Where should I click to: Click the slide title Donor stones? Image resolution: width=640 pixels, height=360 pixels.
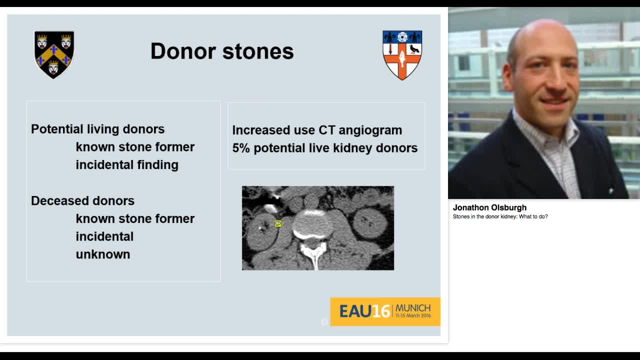pyautogui.click(x=222, y=51)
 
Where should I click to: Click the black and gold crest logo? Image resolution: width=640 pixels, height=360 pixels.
pyautogui.click(x=54, y=54)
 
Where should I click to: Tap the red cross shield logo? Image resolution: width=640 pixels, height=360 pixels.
pyautogui.click(x=402, y=55)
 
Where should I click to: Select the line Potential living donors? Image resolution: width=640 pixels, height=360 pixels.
pyautogui.click(x=97, y=129)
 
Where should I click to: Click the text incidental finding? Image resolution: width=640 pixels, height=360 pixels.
pyautogui.click(x=127, y=165)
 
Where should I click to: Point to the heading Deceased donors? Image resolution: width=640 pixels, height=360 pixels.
pyautogui.click(x=82, y=201)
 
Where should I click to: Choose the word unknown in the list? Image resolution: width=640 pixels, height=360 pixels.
pyautogui.click(x=103, y=254)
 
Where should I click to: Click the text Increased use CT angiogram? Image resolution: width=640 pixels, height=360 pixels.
pyautogui.click(x=317, y=130)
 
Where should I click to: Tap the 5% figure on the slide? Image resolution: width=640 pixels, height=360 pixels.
pyautogui.click(x=240, y=148)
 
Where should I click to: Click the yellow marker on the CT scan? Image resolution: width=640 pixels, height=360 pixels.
pyautogui.click(x=278, y=224)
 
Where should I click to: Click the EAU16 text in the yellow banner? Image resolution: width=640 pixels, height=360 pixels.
pyautogui.click(x=364, y=311)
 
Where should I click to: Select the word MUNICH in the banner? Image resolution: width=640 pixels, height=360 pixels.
pyautogui.click(x=412, y=308)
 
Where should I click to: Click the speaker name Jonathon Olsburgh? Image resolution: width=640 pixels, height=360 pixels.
pyautogui.click(x=489, y=208)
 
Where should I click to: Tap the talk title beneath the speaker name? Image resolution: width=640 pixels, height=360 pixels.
pyautogui.click(x=500, y=217)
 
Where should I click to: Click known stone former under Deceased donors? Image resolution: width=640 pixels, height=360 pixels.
pyautogui.click(x=135, y=219)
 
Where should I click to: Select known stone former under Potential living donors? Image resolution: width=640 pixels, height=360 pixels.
pyautogui.click(x=135, y=147)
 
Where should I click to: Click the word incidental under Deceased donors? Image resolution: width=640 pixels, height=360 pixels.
pyautogui.click(x=104, y=236)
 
